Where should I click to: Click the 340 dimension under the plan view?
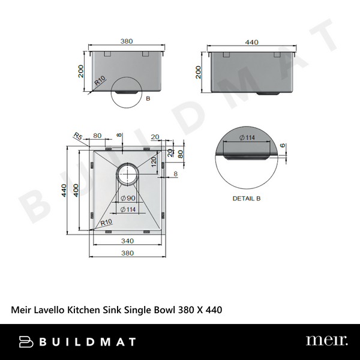127,241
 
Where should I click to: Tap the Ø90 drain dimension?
127,198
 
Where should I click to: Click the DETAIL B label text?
247,197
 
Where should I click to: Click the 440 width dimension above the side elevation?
251,42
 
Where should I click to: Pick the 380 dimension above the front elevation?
126,42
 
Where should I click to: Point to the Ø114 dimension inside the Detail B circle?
245,138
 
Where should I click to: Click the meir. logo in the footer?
326,341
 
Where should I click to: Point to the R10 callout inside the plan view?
106,223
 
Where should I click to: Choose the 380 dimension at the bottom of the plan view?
127,253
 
